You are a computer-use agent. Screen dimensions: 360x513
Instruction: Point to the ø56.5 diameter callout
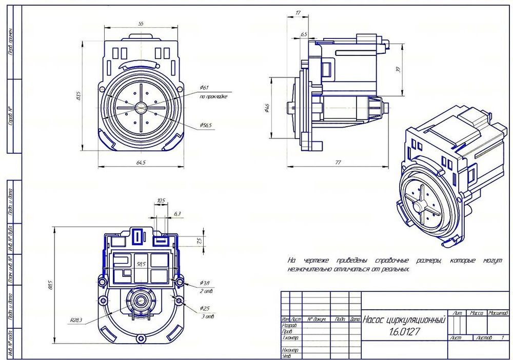click(206, 125)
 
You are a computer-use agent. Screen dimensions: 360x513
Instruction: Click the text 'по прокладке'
click(213, 96)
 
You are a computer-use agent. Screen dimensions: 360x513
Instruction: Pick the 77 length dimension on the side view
click(338, 163)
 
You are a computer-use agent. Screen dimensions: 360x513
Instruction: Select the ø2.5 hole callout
click(205, 308)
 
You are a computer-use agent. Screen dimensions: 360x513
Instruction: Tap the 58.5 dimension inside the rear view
click(141, 264)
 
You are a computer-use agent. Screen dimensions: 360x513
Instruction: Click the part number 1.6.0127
click(404, 332)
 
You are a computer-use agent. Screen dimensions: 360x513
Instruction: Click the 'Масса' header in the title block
click(477, 312)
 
